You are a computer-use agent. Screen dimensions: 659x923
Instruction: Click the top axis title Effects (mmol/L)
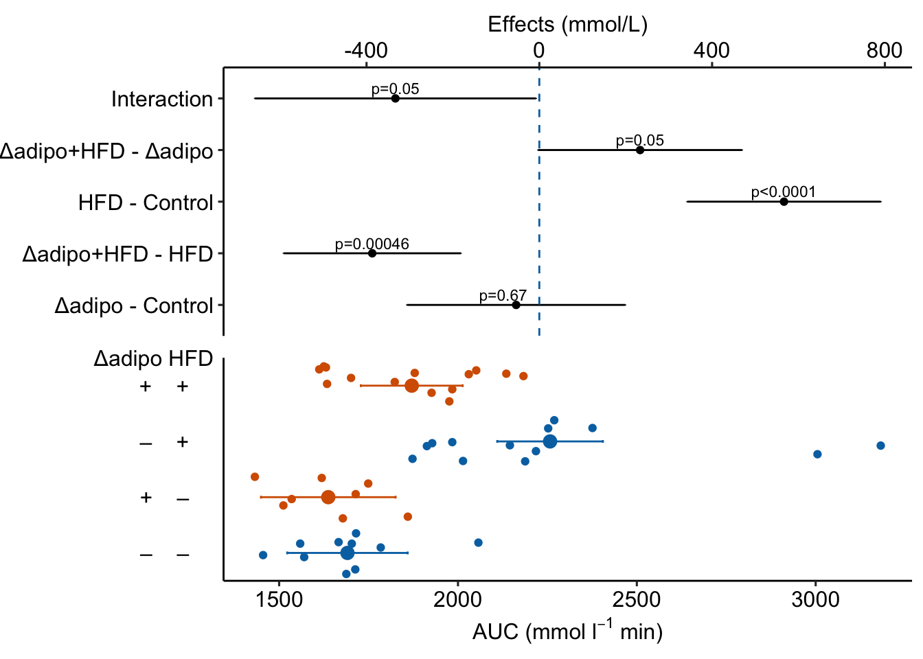pyautogui.click(x=567, y=25)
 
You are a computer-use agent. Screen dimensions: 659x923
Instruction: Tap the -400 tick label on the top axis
pyautogui.click(x=366, y=50)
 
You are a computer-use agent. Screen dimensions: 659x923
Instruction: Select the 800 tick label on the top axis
pyautogui.click(x=884, y=50)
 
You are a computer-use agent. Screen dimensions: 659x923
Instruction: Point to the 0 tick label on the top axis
pyautogui.click(x=539, y=50)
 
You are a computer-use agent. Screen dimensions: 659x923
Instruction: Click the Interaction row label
pyautogui.click(x=162, y=100)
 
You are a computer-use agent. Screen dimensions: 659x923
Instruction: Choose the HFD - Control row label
pyautogui.click(x=146, y=203)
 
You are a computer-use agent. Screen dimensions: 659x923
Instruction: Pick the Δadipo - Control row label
pyautogui.click(x=134, y=305)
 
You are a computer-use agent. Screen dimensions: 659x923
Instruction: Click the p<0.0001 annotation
pyautogui.click(x=783, y=192)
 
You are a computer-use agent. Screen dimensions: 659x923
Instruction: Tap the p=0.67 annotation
pyautogui.click(x=503, y=296)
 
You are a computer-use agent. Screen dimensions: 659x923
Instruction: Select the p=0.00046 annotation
pyautogui.click(x=372, y=244)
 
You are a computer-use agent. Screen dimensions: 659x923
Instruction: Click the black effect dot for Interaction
pyautogui.click(x=395, y=98)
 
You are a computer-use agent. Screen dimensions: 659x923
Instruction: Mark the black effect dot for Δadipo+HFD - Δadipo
pyautogui.click(x=640, y=150)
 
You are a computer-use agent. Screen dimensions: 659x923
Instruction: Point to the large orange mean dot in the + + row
pyautogui.click(x=411, y=386)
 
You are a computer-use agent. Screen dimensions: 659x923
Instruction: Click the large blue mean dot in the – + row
pyautogui.click(x=550, y=441)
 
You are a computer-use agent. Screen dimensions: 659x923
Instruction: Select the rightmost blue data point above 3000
pyautogui.click(x=880, y=446)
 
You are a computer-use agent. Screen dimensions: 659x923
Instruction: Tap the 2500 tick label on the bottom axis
pyautogui.click(x=637, y=599)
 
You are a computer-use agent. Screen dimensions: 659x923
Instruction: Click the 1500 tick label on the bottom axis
pyautogui.click(x=280, y=599)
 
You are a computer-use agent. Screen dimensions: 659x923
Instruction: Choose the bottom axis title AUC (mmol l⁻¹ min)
pyautogui.click(x=567, y=631)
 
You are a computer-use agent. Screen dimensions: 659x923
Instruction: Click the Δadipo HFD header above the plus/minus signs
pyautogui.click(x=153, y=359)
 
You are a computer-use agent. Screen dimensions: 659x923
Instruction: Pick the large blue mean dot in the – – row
pyautogui.click(x=347, y=553)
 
